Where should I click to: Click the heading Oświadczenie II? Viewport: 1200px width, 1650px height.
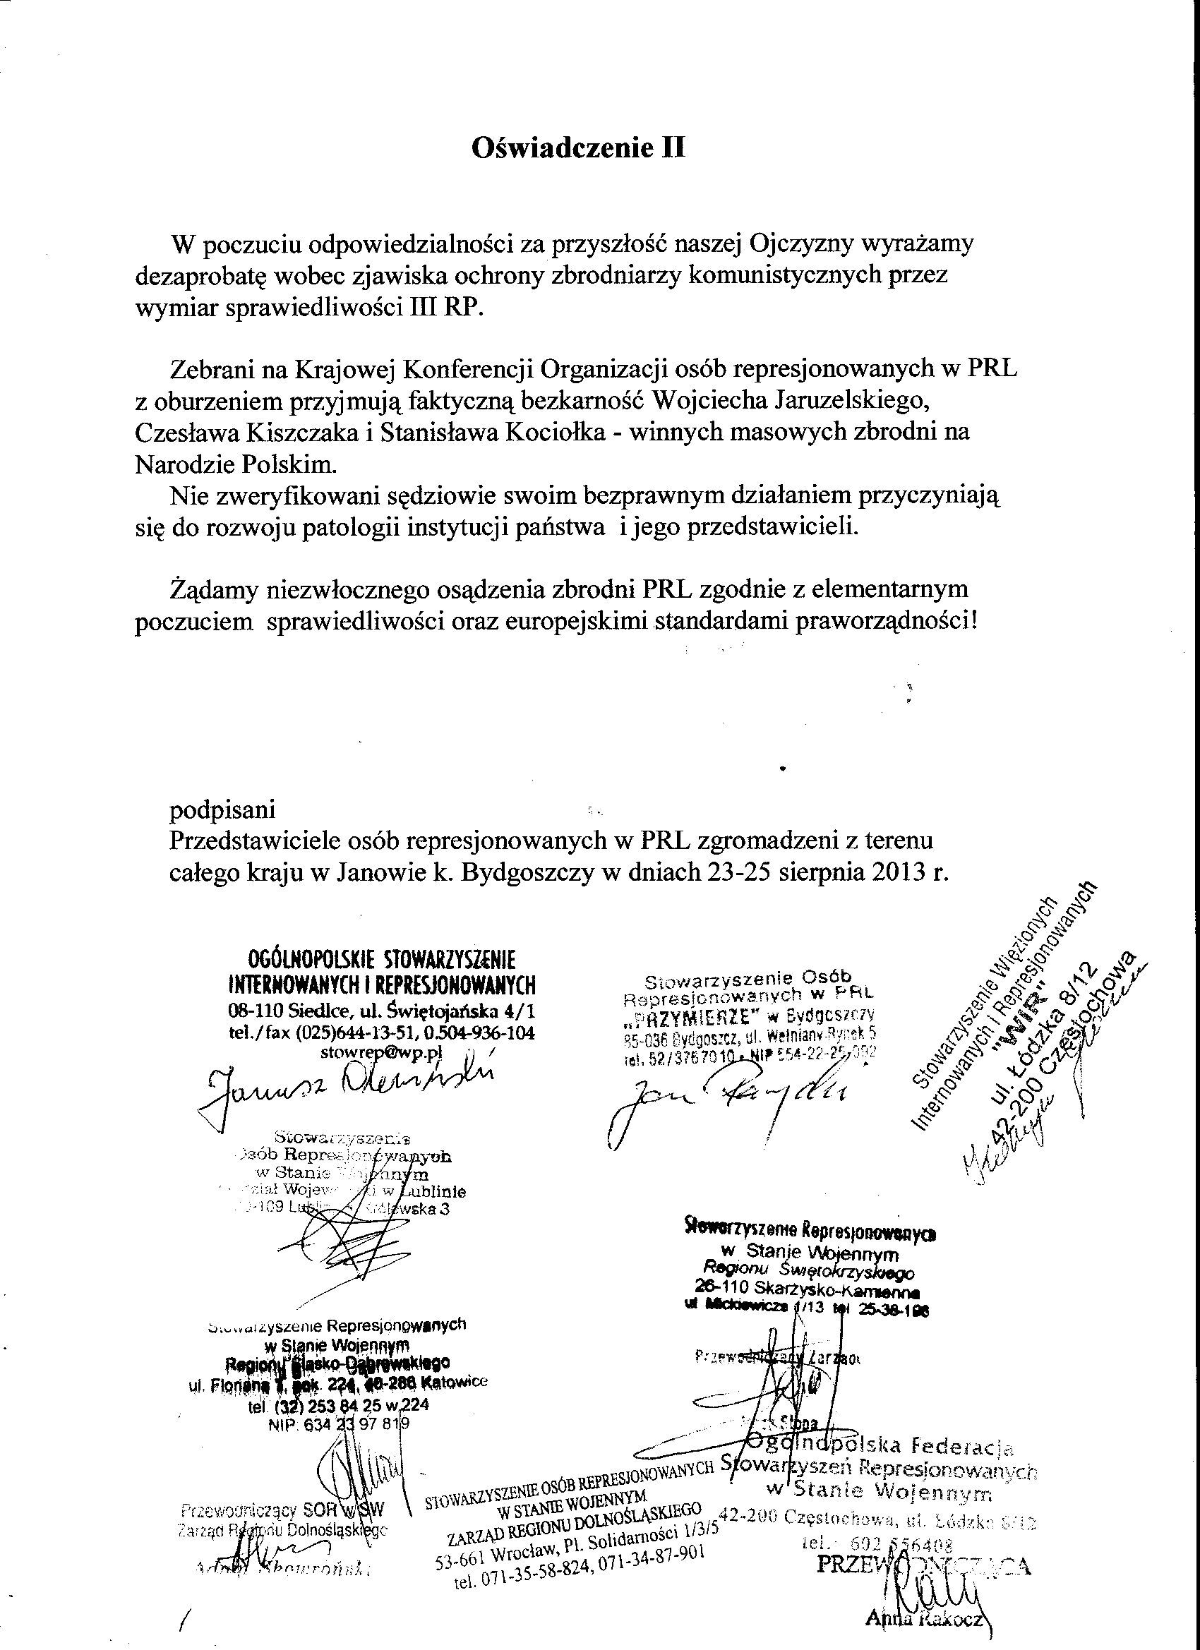[x=579, y=148]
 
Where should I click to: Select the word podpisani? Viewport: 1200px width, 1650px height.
[x=222, y=809]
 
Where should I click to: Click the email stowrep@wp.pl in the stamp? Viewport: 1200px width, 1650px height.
[x=381, y=1051]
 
